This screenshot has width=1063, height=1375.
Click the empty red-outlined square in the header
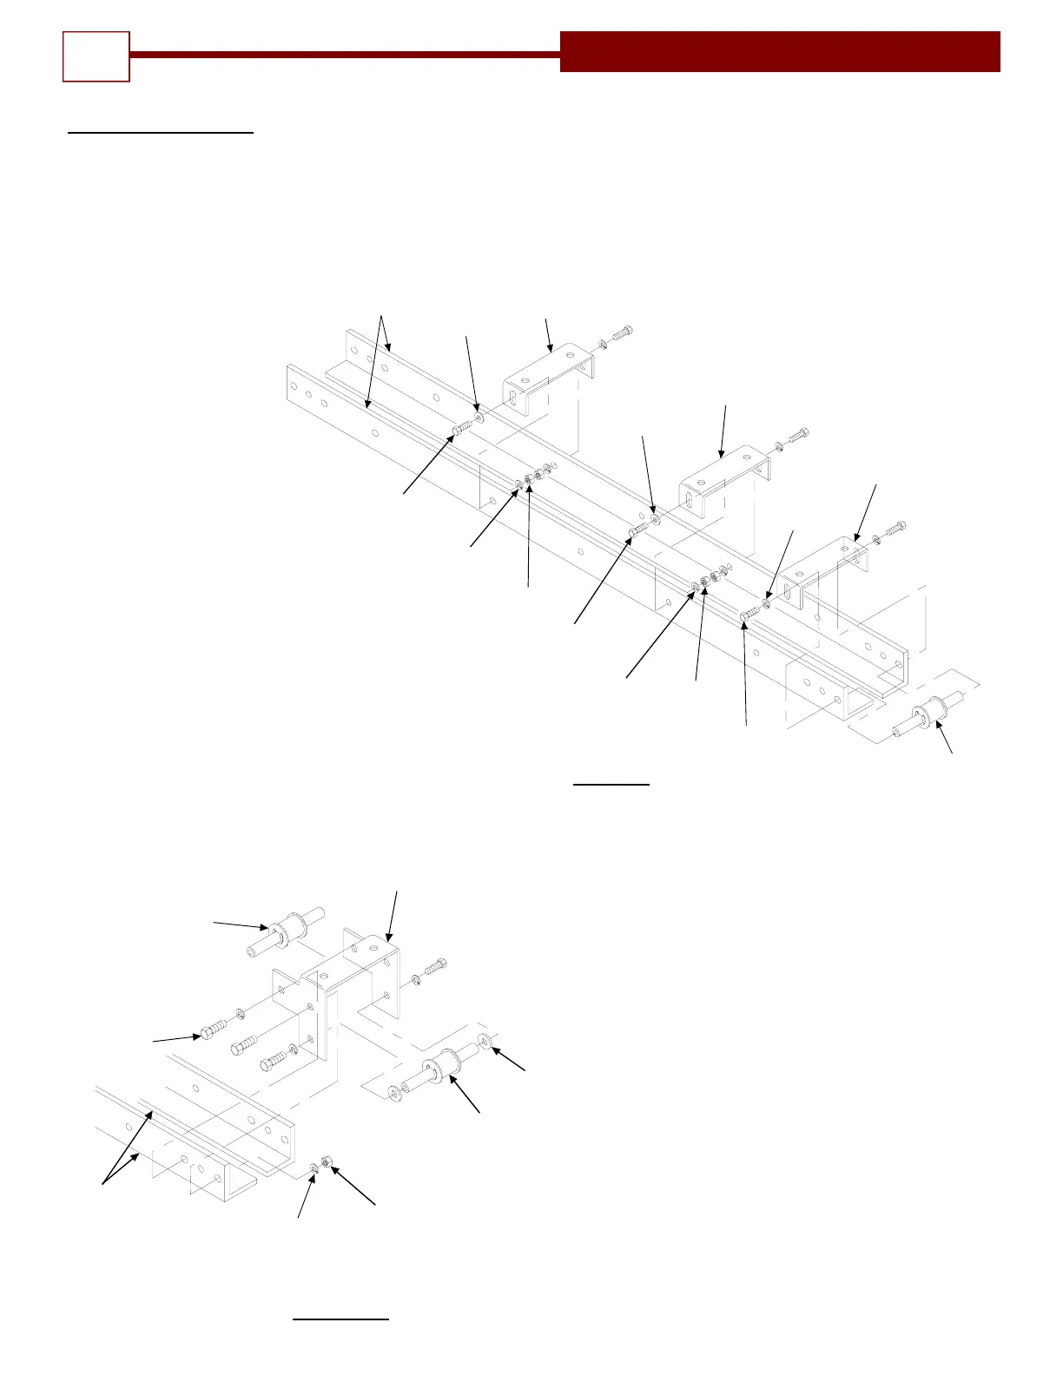[x=96, y=56]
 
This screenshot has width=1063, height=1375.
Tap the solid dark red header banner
[x=780, y=51]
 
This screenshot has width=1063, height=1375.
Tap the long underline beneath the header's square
[x=161, y=134]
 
